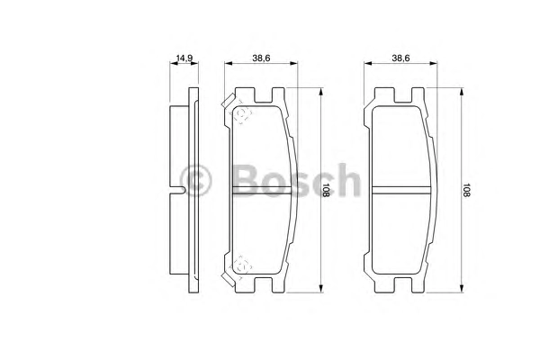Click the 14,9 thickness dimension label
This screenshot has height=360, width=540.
tap(184, 58)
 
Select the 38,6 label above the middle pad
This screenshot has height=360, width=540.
tap(261, 58)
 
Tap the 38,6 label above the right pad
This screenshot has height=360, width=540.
tap(400, 58)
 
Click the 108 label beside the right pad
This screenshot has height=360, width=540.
tap(465, 190)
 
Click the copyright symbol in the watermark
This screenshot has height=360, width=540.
tap(195, 180)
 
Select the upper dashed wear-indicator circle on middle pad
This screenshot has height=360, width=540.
tap(242, 114)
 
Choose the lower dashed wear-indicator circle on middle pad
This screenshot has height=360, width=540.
tap(242, 265)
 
